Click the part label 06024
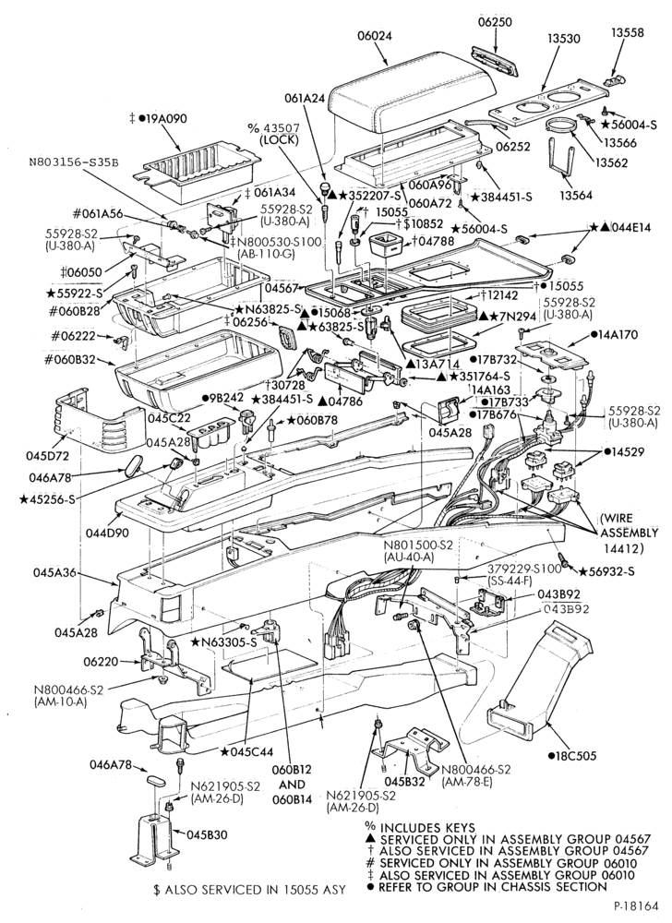tap(374, 37)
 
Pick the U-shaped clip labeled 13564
tap(561, 155)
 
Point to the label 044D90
tap(106, 533)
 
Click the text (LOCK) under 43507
tap(278, 140)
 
